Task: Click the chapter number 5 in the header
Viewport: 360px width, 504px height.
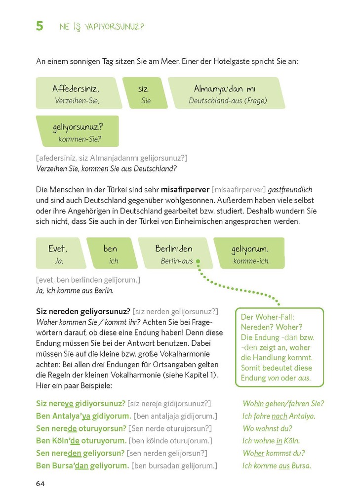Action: [x=40, y=26]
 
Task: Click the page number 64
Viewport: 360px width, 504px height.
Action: [x=40, y=483]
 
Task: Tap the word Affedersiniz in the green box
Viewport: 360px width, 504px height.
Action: [x=76, y=89]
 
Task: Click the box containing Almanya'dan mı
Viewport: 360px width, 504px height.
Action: [x=226, y=93]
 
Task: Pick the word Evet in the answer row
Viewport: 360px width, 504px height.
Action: [x=58, y=249]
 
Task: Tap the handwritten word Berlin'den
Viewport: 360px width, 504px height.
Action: [x=173, y=249]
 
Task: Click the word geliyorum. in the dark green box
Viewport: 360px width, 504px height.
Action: [x=250, y=249]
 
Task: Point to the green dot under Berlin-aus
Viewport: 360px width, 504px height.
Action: [x=198, y=261]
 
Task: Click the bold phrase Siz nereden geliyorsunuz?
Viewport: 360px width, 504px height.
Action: [x=83, y=311]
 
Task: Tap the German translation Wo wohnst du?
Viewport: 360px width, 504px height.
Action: [x=267, y=428]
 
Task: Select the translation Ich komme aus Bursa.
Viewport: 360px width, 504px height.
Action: [x=277, y=465]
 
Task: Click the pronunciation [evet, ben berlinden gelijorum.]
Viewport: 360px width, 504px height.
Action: [x=88, y=280]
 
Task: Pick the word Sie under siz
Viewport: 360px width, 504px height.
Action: [x=146, y=101]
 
